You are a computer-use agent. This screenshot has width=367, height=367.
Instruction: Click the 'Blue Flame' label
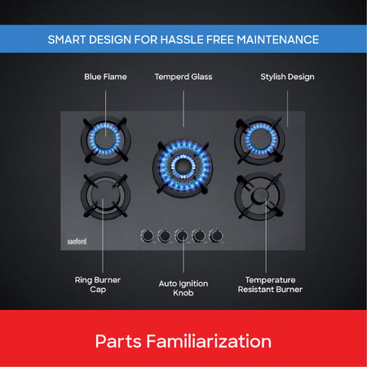click(x=105, y=77)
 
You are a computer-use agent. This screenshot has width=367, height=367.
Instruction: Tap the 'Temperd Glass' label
click(x=183, y=77)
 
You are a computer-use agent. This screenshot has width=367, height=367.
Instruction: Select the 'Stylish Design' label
click(x=287, y=77)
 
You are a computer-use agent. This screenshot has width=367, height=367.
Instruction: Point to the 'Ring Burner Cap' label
click(x=98, y=285)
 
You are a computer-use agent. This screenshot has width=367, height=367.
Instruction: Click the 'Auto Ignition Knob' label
click(x=183, y=288)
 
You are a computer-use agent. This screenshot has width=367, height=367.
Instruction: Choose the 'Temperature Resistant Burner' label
click(x=270, y=285)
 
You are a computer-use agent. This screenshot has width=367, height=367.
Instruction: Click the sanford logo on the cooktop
click(x=77, y=241)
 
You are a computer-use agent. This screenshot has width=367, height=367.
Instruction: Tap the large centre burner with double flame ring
click(x=183, y=167)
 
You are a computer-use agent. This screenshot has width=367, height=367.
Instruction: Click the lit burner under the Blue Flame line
click(x=106, y=140)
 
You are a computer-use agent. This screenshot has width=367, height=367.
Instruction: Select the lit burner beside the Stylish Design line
click(x=260, y=140)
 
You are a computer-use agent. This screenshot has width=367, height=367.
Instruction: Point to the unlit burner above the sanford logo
click(x=106, y=195)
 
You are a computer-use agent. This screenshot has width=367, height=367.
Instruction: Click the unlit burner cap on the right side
click(x=260, y=196)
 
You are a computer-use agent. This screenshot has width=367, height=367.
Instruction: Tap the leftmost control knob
click(x=148, y=236)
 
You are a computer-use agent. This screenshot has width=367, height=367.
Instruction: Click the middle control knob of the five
click(x=182, y=236)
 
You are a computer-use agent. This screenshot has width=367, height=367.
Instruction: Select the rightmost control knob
click(x=216, y=236)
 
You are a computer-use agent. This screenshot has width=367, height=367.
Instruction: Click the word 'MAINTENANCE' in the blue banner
click(x=278, y=40)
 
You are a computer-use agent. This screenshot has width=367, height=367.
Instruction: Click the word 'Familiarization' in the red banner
click(x=209, y=341)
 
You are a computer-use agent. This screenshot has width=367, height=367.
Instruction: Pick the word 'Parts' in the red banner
click(x=118, y=341)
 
